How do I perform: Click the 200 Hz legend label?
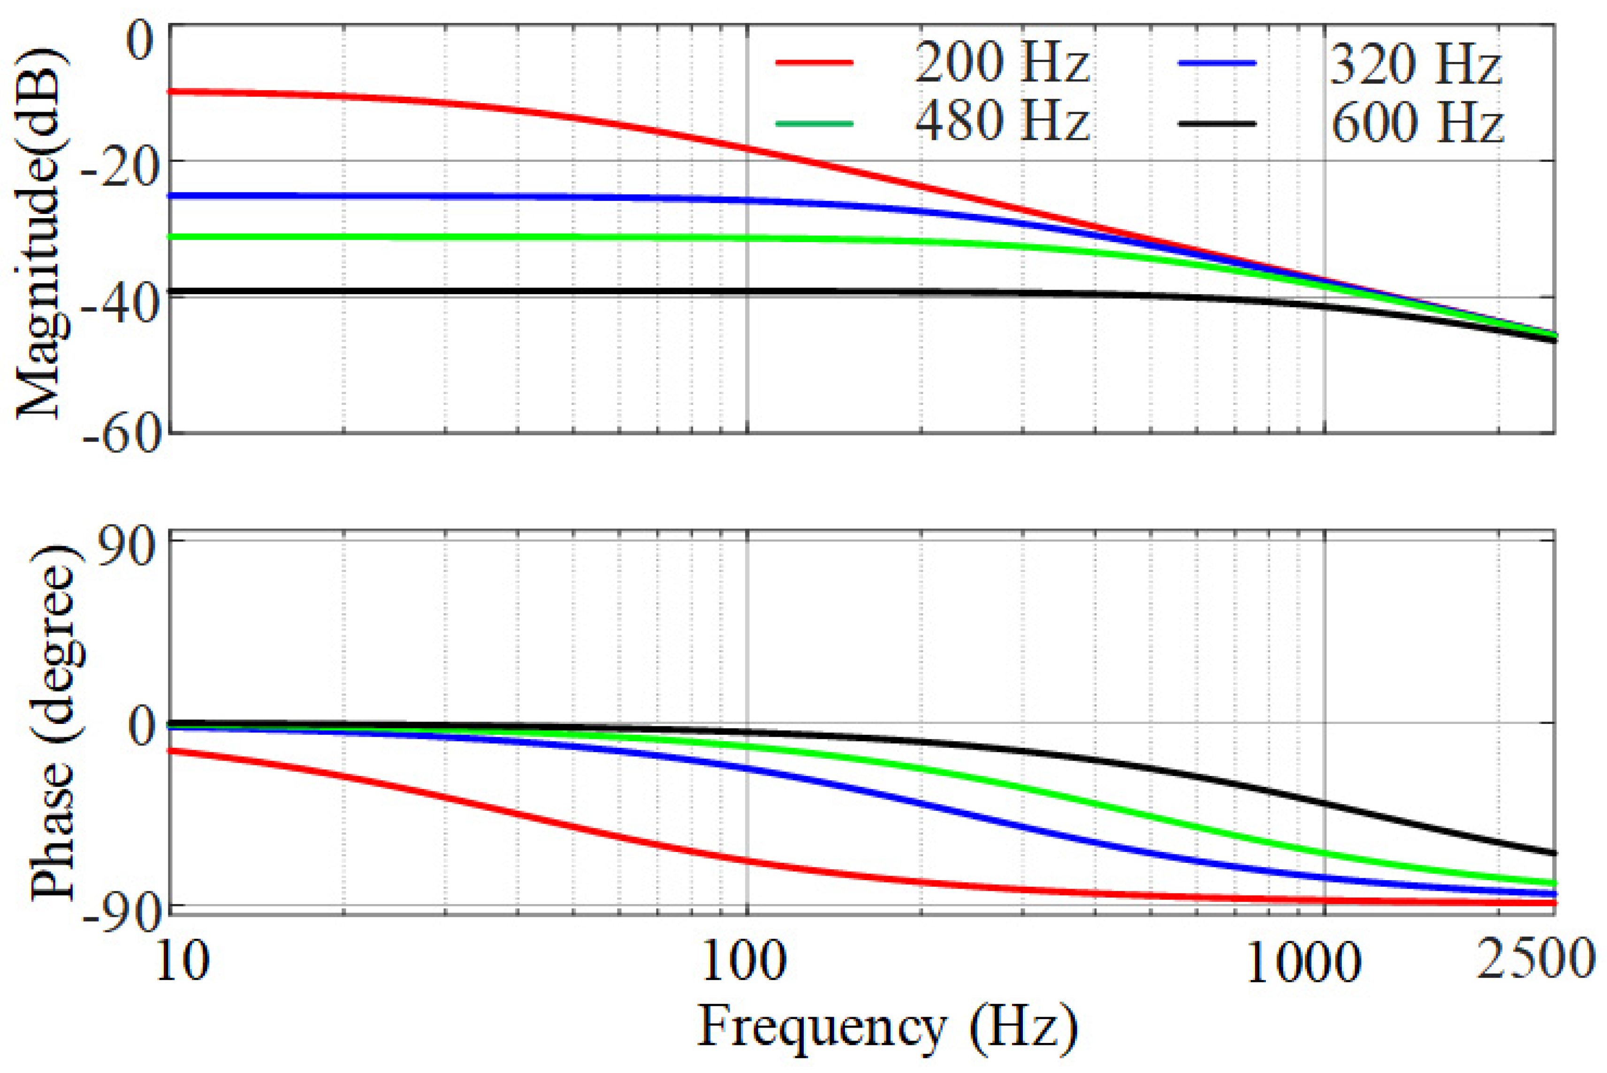(x=1001, y=63)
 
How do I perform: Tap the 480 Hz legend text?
(x=1001, y=122)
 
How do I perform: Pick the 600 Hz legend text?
(x=1417, y=123)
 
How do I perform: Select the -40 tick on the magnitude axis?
(x=120, y=300)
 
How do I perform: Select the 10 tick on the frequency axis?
(x=179, y=964)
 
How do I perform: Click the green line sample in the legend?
(x=815, y=123)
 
